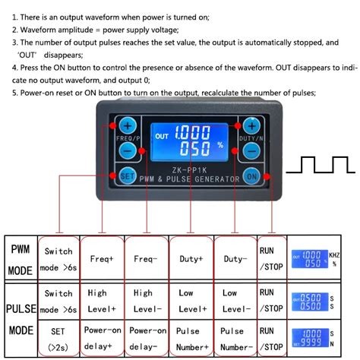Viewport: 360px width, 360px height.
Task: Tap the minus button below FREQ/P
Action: click(127, 151)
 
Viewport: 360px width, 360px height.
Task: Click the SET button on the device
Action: click(127, 176)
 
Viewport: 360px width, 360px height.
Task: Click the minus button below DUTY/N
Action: click(251, 151)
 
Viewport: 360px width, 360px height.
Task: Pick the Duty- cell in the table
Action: click(235, 258)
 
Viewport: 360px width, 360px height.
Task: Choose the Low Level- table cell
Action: click(235, 301)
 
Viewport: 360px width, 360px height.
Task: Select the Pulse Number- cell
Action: click(235, 338)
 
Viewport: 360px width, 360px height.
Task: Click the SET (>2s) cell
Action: click(58, 338)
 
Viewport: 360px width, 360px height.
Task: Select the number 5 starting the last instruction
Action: click(14, 93)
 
